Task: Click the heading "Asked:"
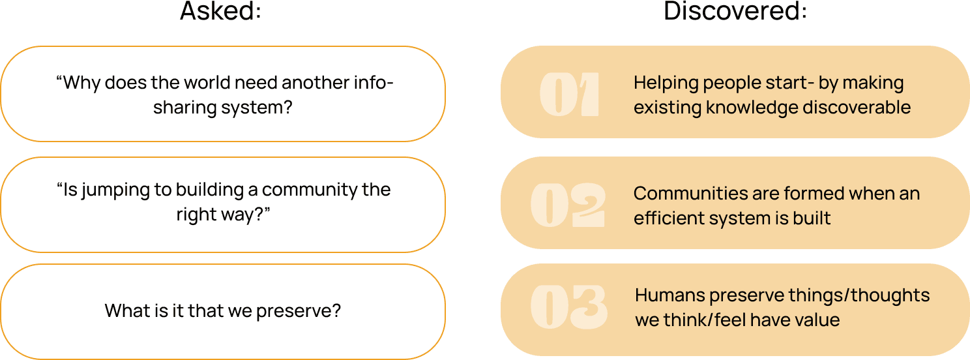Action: click(220, 12)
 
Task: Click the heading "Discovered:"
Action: click(735, 12)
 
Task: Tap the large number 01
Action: click(569, 95)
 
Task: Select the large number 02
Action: click(568, 205)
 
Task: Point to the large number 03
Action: click(568, 306)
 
